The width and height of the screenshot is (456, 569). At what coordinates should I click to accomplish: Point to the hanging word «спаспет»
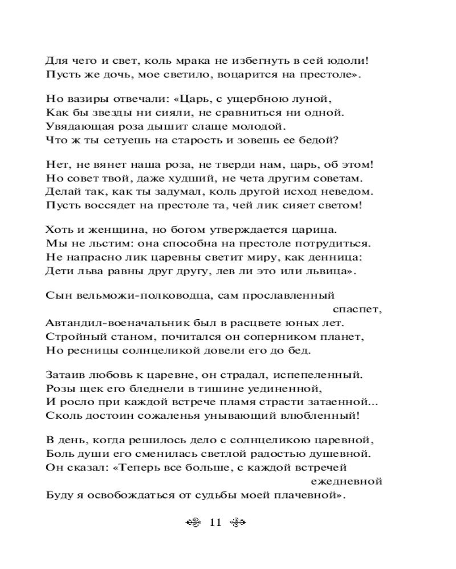click(357, 310)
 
